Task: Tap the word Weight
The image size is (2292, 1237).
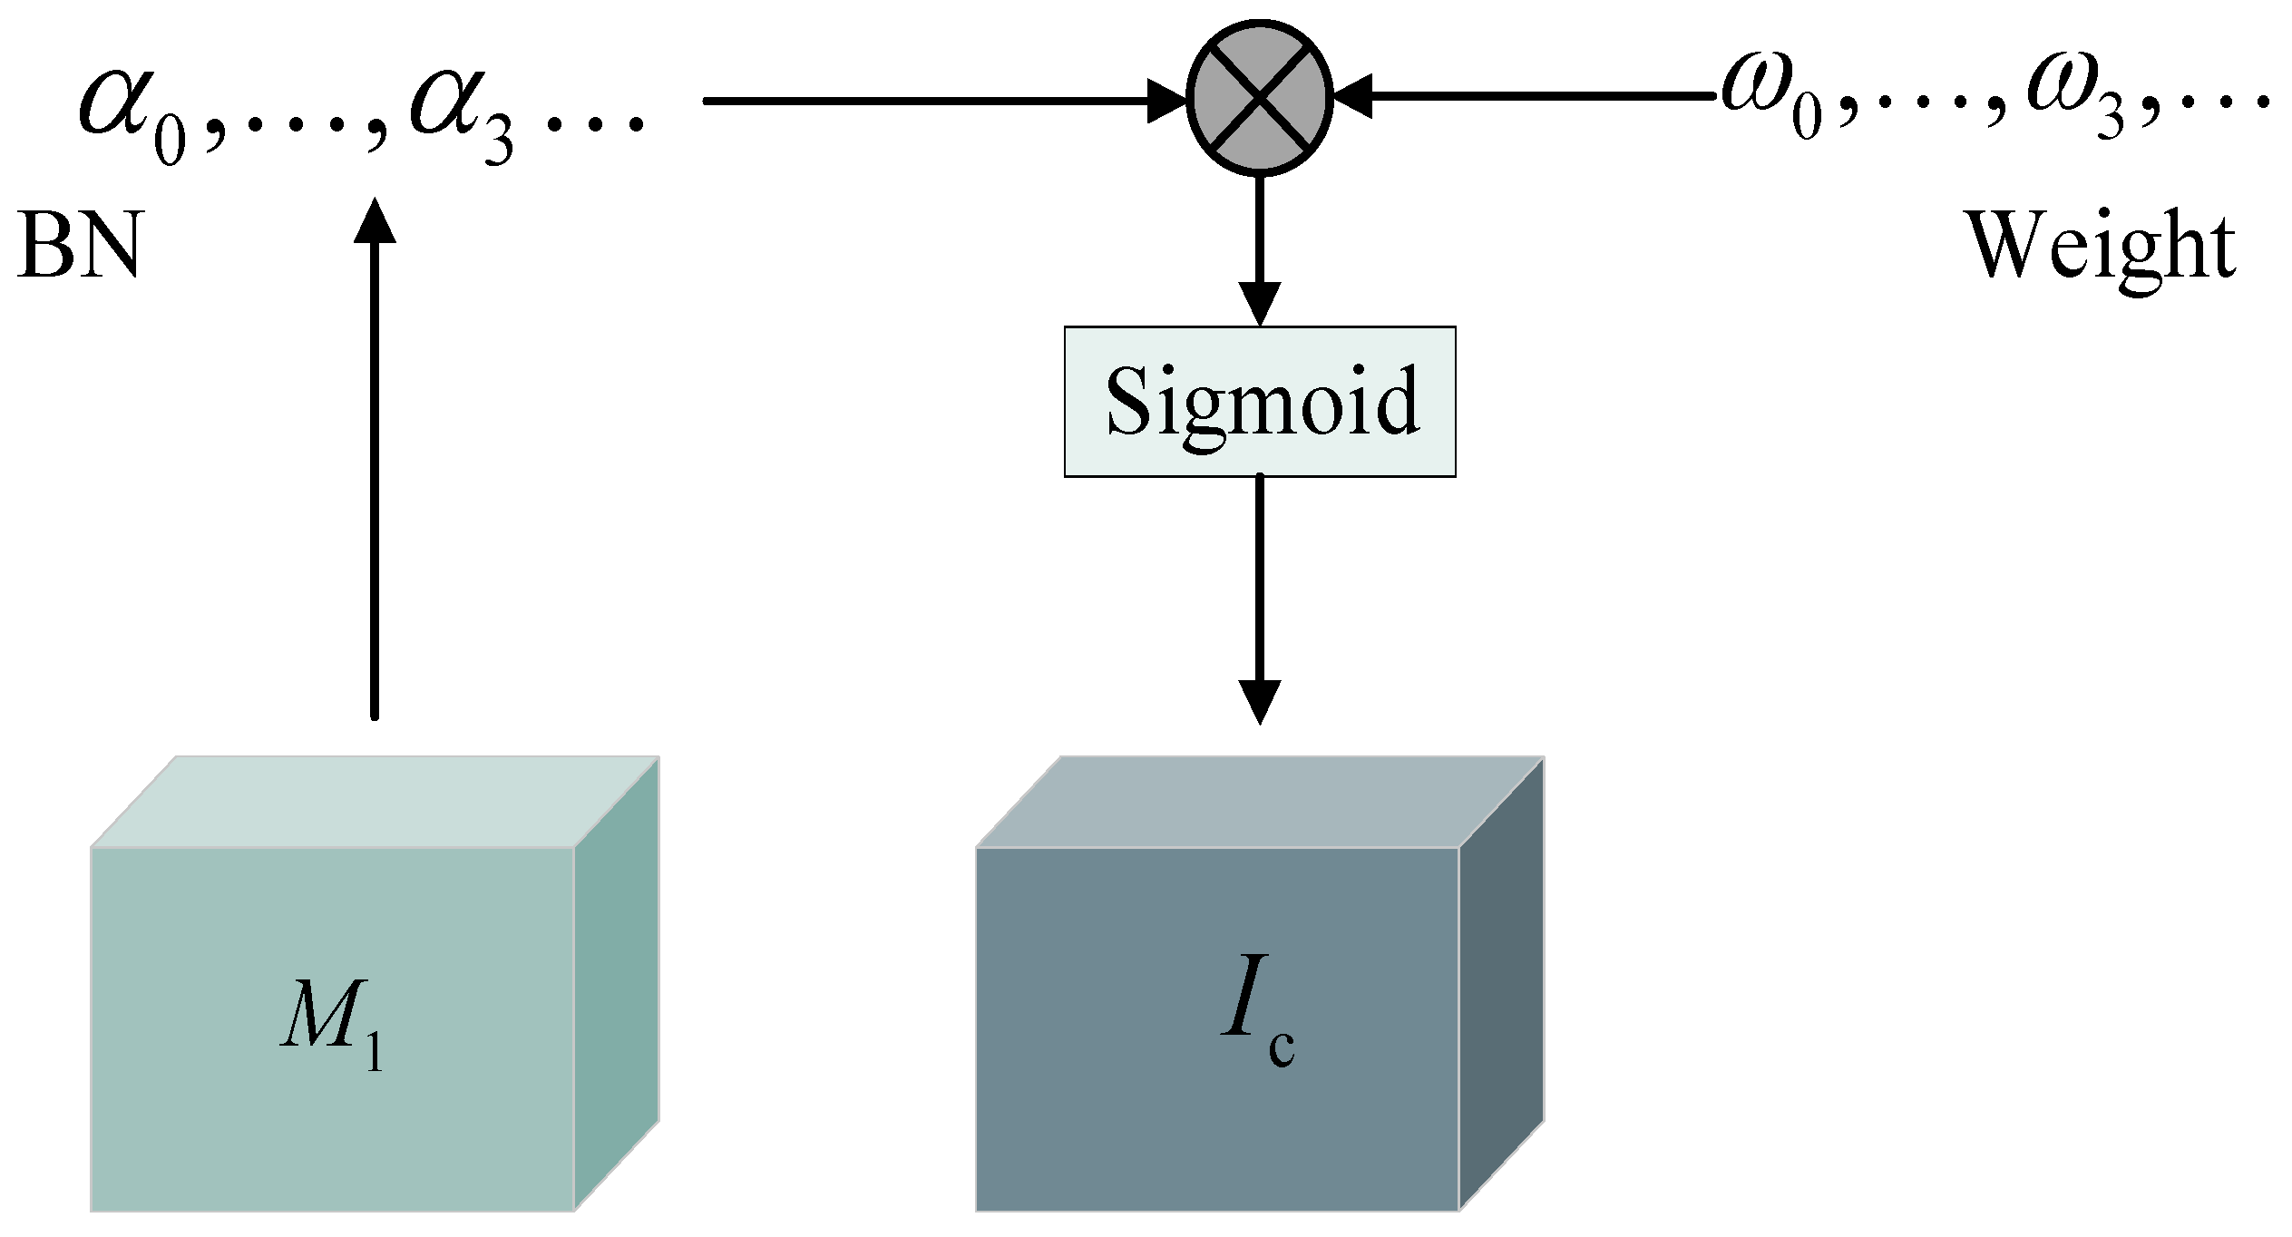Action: [2099, 247]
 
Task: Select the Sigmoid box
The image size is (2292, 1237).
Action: [1259, 401]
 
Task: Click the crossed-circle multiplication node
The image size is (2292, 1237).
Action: [1259, 97]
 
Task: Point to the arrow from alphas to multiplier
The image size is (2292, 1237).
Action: [934, 101]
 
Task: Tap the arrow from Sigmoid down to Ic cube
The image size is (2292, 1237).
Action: [1259, 599]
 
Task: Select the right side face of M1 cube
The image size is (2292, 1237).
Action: [617, 984]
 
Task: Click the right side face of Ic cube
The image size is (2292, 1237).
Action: [1501, 984]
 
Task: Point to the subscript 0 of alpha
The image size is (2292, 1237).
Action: [170, 143]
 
